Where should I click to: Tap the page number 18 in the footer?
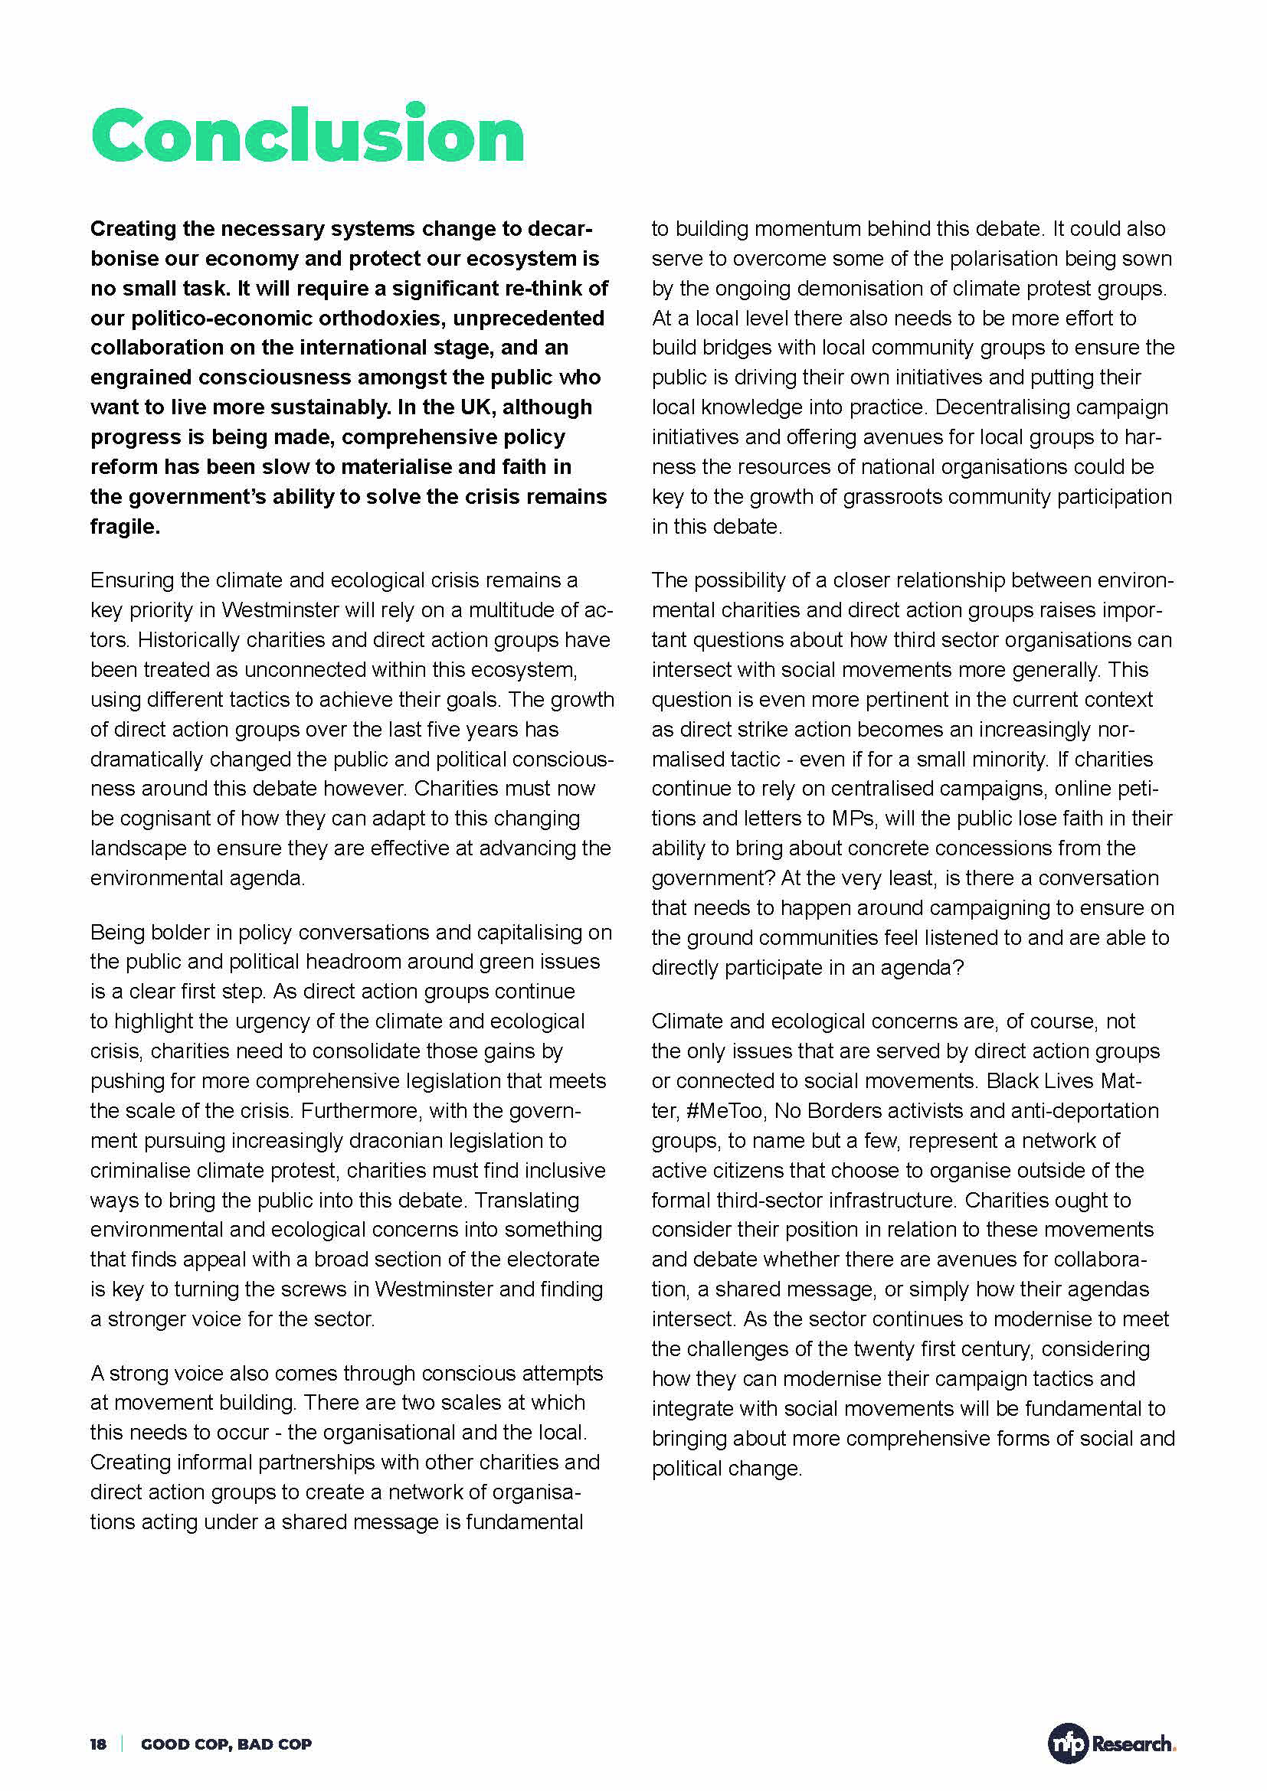pos(98,1744)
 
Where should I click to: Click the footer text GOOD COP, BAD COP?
pos(226,1744)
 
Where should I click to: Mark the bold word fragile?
pos(125,527)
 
